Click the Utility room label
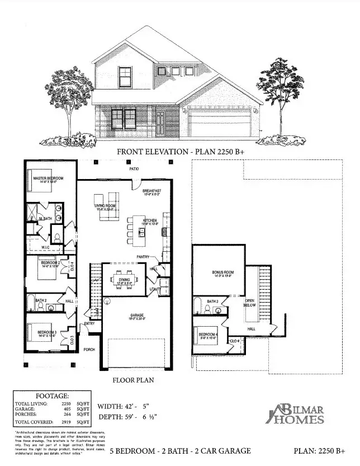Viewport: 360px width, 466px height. pyautogui.click(x=154, y=289)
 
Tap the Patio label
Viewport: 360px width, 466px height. pyautogui.click(x=134, y=168)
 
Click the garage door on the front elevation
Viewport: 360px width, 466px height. pyautogui.click(x=219, y=123)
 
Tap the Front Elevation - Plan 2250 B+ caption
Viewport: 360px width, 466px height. pyautogui.click(x=179, y=151)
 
